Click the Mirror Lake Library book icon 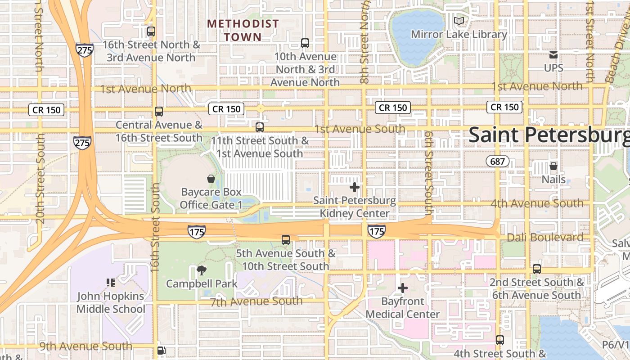pos(459,21)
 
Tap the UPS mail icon pos(553,55)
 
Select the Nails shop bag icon pos(553,166)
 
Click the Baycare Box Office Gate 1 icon pos(211,179)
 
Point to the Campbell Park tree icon pos(201,270)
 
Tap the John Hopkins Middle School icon pos(111,283)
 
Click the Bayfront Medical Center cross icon pos(403,288)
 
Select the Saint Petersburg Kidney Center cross pos(355,187)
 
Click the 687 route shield pos(497,161)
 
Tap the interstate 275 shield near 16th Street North pos(85,49)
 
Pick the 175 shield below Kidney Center pos(376,231)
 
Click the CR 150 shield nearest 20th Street pos(47,109)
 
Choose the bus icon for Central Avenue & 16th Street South pos(158,111)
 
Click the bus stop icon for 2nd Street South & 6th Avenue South pos(536,269)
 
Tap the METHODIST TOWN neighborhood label pos(243,30)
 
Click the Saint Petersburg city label pos(549,135)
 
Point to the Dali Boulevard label pos(545,237)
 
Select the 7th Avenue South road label pos(256,301)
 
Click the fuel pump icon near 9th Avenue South pos(161,351)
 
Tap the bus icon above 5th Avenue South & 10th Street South pos(285,239)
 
